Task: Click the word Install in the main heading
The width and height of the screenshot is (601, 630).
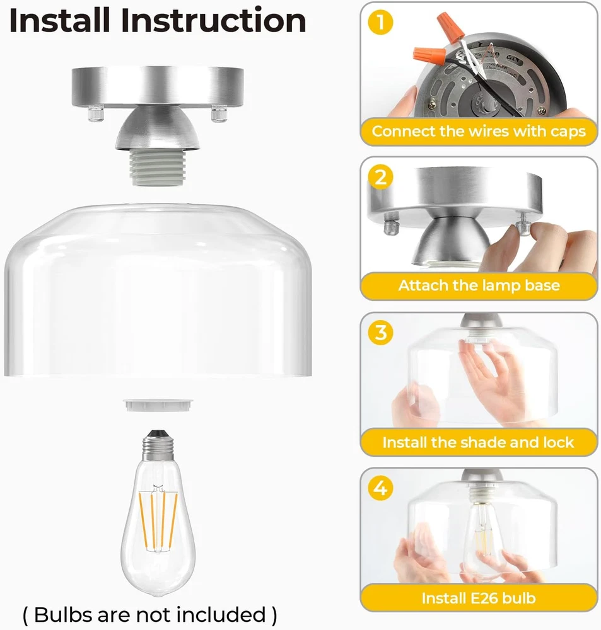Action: (59, 20)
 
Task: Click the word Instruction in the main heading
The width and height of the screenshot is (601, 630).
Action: (213, 20)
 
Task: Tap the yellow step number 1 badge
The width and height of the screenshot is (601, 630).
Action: (380, 22)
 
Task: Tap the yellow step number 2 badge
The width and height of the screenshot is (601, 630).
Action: (380, 177)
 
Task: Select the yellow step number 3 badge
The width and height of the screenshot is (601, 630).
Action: (380, 333)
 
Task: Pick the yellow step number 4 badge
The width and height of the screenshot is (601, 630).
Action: (380, 488)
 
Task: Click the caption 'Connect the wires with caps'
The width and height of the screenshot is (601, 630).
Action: (479, 132)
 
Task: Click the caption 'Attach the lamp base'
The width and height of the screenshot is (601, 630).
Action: (479, 285)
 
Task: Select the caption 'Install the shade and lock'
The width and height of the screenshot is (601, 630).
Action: (478, 442)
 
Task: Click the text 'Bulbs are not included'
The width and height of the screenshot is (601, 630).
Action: (150, 614)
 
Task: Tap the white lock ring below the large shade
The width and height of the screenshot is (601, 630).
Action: (158, 405)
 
